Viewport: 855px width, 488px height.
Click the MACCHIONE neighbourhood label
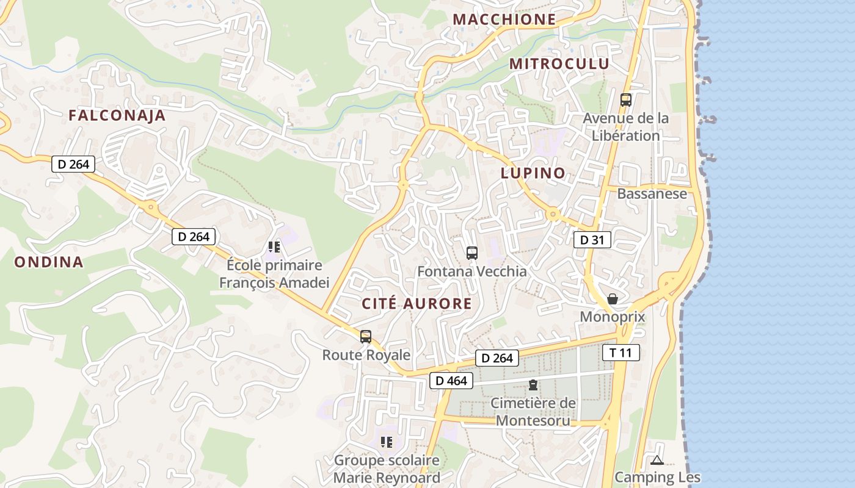(504, 20)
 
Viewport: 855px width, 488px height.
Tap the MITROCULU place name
(559, 64)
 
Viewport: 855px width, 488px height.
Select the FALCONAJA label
(117, 116)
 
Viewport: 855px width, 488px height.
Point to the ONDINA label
(49, 262)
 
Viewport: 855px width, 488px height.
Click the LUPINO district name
(533, 173)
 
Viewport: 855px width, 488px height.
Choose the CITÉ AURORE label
(417, 304)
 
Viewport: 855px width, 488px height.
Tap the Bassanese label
(652, 194)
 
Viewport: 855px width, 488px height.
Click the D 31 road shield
(592, 240)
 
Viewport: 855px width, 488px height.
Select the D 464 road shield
(451, 381)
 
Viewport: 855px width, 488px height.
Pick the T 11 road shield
(621, 353)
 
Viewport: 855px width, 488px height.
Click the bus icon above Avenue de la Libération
(625, 100)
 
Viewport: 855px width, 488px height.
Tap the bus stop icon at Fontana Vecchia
(471, 253)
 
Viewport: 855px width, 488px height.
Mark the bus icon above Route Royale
(366, 336)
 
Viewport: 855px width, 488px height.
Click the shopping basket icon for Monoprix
(613, 299)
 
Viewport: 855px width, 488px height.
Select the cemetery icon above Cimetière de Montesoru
(533, 385)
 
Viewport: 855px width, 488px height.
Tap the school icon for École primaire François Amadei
(274, 247)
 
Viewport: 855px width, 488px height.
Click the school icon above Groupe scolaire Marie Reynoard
(386, 442)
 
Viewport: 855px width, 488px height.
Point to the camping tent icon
(657, 460)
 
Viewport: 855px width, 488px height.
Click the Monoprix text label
(612, 317)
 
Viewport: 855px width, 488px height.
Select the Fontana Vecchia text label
(471, 271)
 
